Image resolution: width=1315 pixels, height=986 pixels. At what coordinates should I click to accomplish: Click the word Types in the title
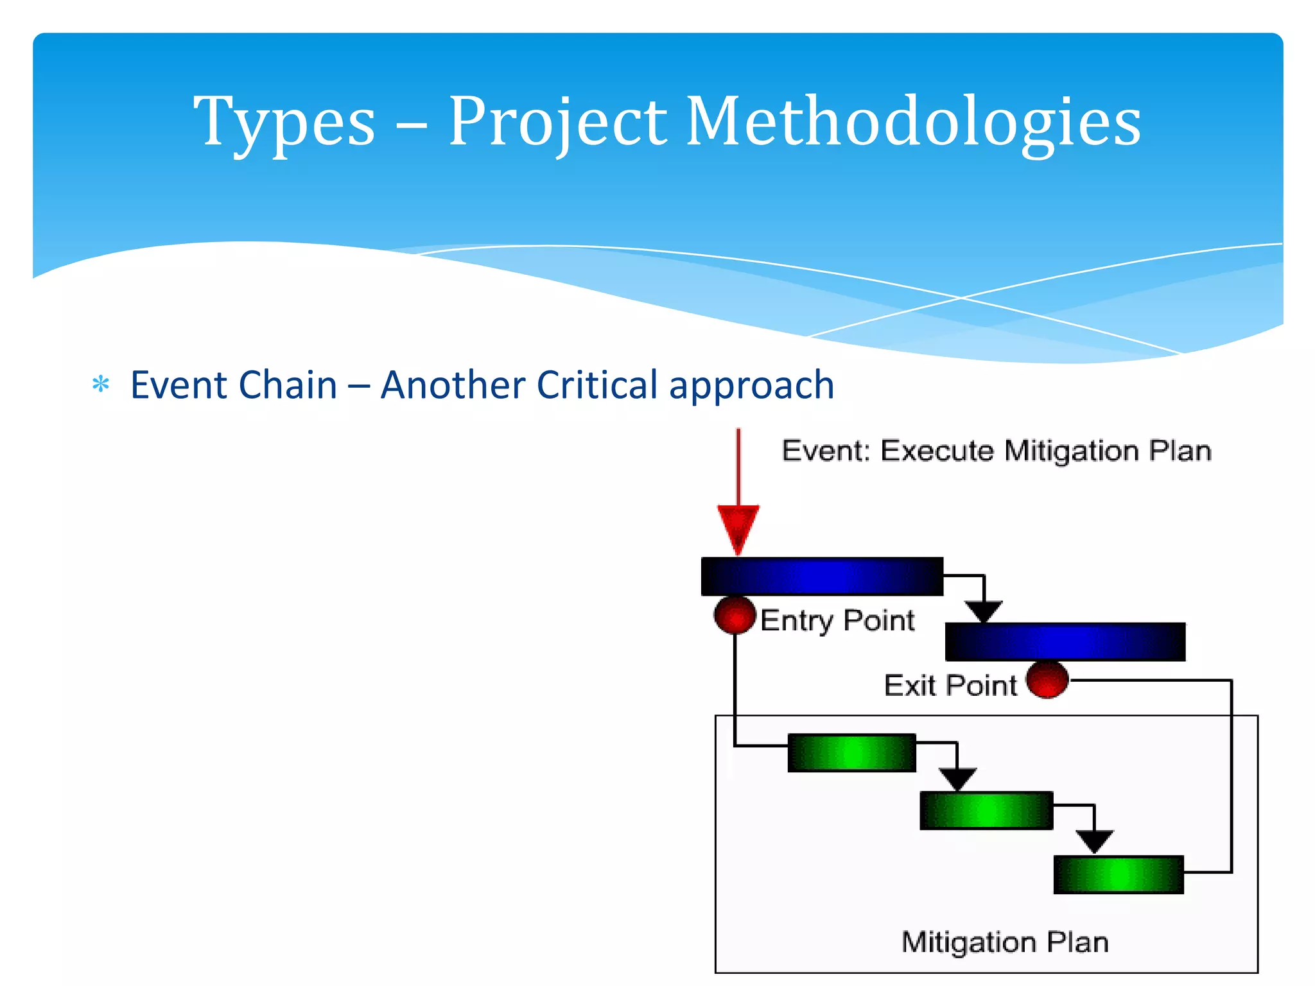(284, 122)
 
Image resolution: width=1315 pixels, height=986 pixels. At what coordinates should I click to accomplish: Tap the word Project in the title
(557, 122)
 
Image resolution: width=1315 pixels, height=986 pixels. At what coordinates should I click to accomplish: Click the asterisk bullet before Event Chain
(101, 385)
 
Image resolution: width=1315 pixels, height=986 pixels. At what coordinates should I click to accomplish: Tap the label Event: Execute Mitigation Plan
(996, 451)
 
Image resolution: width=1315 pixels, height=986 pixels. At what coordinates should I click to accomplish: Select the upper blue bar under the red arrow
(822, 576)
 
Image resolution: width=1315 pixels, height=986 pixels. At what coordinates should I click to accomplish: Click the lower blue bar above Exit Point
(1065, 641)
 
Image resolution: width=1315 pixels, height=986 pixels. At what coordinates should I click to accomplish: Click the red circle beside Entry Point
(735, 615)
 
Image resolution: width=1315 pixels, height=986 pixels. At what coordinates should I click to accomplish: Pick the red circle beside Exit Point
(1047, 679)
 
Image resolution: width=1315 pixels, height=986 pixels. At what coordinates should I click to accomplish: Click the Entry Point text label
(837, 621)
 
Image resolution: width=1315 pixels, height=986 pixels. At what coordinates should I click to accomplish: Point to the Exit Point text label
(950, 686)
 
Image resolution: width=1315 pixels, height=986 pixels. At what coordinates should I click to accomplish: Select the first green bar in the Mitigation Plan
(851, 752)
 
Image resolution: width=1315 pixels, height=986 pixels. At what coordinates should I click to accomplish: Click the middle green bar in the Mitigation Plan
(986, 810)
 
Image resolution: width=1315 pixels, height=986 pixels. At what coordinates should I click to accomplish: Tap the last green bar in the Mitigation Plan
(1118, 874)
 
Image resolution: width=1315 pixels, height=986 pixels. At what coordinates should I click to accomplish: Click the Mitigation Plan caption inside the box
(1005, 942)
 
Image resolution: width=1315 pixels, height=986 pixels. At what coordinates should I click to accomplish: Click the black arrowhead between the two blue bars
(984, 611)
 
